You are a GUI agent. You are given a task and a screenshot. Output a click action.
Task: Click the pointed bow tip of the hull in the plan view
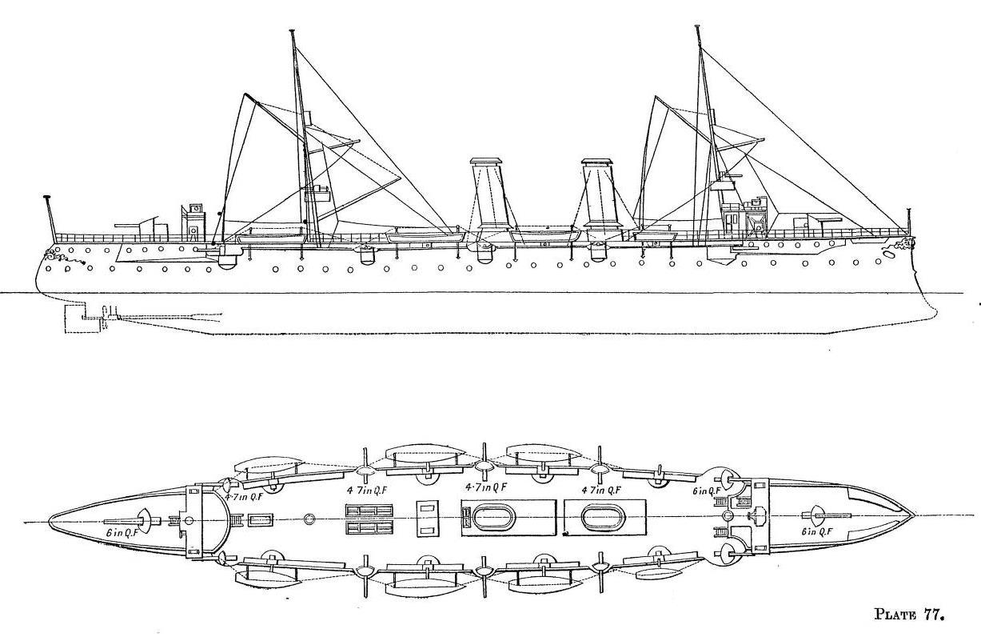pos(914,515)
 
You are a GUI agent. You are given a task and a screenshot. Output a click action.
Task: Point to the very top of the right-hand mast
pos(696,26)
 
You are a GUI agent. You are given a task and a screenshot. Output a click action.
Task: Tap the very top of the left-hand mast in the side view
pos(292,30)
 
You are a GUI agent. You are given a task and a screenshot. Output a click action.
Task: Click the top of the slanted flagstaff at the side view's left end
pos(46,197)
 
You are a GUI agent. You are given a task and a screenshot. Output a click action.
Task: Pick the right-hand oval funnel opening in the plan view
pos(603,517)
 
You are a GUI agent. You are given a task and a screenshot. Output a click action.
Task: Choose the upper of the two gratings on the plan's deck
pos(369,511)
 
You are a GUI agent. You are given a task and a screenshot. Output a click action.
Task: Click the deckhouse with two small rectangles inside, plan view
pos(427,519)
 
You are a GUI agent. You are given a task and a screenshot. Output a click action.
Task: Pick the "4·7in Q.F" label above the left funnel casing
pos(485,487)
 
